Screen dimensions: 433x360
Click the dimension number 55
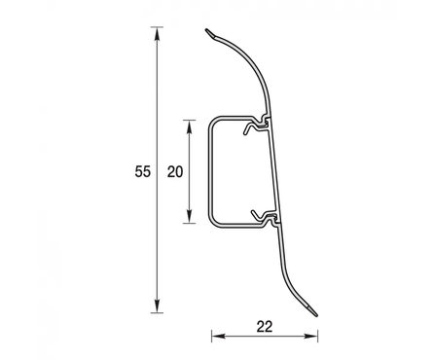(x=143, y=171)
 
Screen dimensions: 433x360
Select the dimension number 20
(x=175, y=171)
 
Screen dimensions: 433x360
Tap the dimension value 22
(x=265, y=327)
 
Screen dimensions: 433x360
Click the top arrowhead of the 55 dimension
(x=158, y=33)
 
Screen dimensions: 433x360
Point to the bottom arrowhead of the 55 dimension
(x=158, y=306)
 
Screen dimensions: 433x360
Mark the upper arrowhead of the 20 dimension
(x=190, y=126)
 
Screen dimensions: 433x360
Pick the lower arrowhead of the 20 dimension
(x=190, y=216)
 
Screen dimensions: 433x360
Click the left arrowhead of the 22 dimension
(x=218, y=336)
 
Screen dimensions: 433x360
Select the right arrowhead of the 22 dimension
(x=311, y=336)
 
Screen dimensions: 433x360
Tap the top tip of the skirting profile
(x=206, y=30)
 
